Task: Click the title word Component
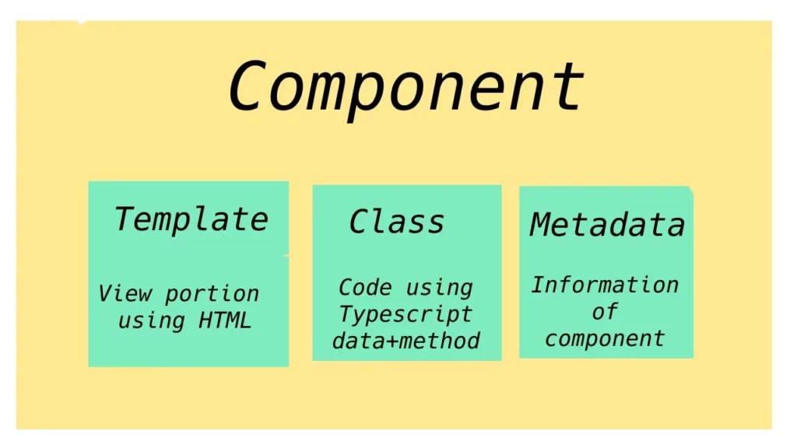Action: point(406,86)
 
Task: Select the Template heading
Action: point(191,219)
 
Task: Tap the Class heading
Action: point(397,222)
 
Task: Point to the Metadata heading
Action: point(607,225)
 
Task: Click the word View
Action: point(125,294)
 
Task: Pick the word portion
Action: point(212,294)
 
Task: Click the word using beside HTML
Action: point(151,320)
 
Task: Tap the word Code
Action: point(364,287)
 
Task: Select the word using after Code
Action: point(440,287)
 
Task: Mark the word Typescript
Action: point(406,314)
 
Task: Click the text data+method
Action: point(406,340)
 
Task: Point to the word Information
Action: point(605,285)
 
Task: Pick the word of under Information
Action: point(605,312)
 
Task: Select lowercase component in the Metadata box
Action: point(605,338)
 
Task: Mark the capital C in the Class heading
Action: point(359,222)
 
